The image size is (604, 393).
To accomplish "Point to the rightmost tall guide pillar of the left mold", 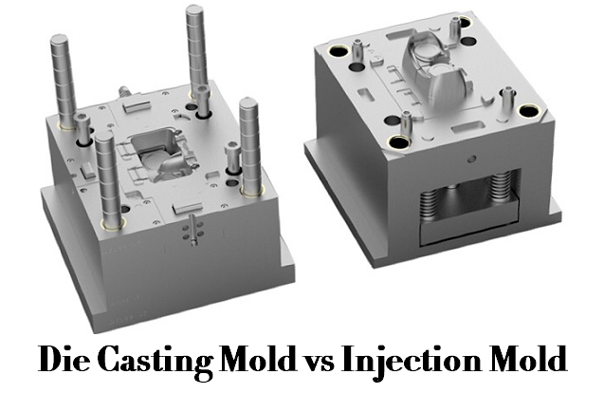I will point(249,142).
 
